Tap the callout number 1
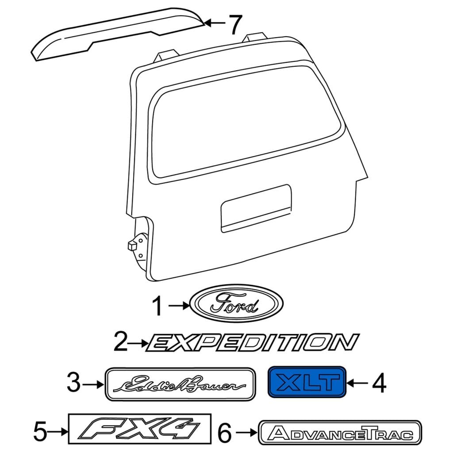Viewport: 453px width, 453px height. pos(157,307)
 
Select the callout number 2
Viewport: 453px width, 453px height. pos(121,342)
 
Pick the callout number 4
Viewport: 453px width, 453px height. pos(379,383)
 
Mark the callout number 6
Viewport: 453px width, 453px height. pos(224,433)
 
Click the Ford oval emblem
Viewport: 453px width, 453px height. pos(237,303)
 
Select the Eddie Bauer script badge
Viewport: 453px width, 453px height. pos(180,384)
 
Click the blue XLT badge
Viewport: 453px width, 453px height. pos(307,382)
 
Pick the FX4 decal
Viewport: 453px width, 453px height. pos(139,429)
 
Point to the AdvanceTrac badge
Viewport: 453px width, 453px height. pos(340,433)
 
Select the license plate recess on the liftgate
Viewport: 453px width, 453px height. pos(256,208)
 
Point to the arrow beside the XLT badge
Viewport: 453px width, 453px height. pos(357,384)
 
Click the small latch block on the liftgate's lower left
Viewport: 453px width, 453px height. pos(132,246)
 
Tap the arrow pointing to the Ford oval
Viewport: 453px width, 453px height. pos(179,305)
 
